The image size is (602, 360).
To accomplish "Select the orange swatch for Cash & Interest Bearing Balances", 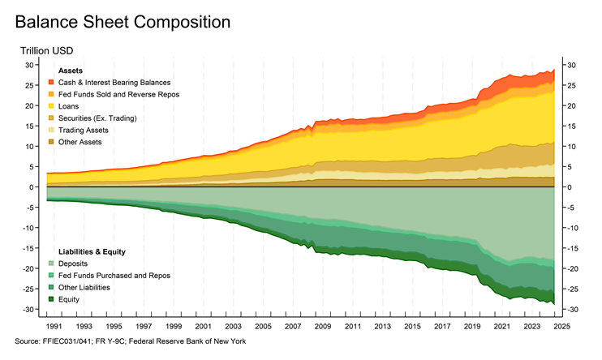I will click(x=52, y=83).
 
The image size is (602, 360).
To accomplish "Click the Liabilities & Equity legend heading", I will click(x=92, y=251).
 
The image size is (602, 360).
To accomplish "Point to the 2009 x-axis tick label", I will click(x=322, y=327).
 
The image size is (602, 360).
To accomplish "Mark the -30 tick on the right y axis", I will click(x=571, y=310).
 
